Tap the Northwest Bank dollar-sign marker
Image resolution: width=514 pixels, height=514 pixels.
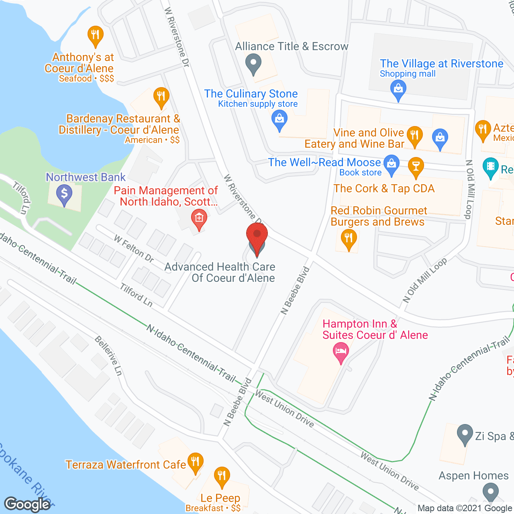(x=64, y=194)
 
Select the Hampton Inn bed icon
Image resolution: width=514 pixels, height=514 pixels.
(x=341, y=352)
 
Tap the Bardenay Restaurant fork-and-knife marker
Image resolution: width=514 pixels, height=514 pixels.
(x=161, y=97)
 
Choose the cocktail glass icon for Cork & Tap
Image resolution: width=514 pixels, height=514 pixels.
(x=416, y=166)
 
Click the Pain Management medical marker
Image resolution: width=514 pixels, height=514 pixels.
(x=199, y=219)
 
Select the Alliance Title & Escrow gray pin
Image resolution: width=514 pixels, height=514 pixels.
(x=253, y=64)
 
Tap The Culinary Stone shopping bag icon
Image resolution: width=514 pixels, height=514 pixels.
(x=279, y=120)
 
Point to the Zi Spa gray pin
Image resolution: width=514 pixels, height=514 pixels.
(x=465, y=434)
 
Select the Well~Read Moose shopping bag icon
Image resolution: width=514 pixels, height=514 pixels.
(x=391, y=164)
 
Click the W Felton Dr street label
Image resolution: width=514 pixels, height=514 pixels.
(x=134, y=249)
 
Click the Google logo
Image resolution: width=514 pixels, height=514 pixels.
(x=27, y=504)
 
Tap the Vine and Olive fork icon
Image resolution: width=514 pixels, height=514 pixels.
(x=414, y=135)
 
